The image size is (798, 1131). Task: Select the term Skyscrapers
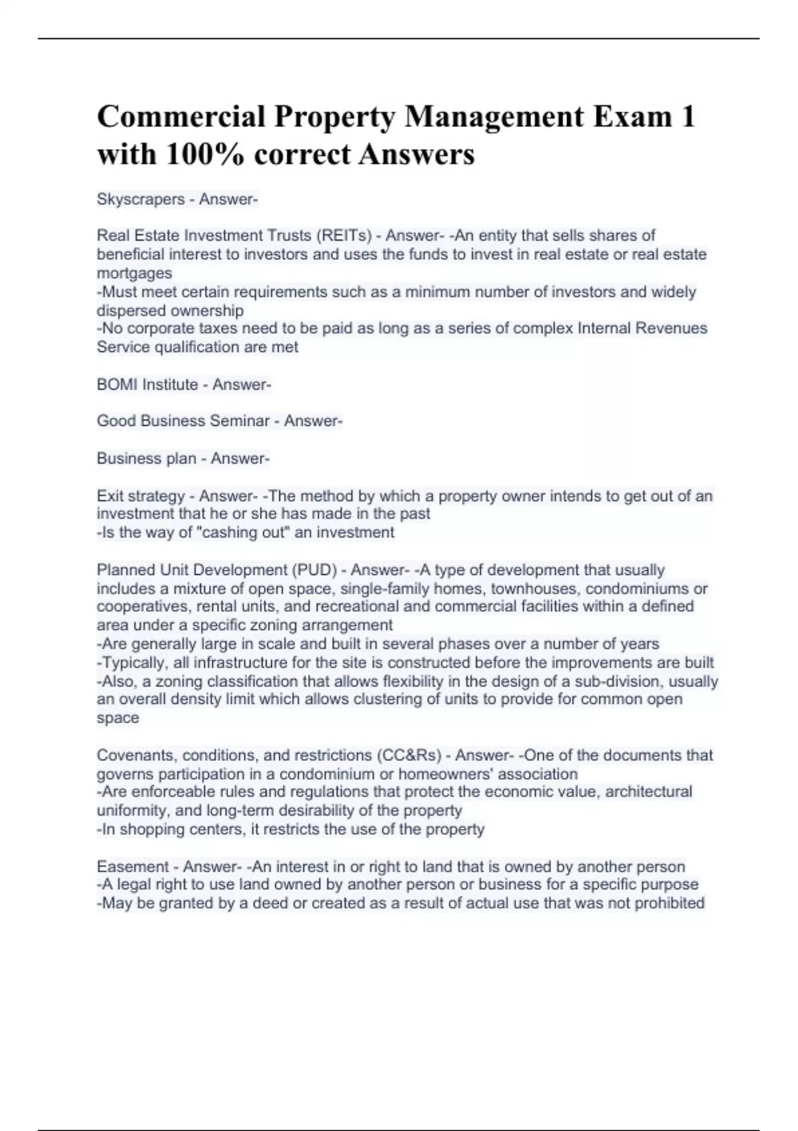point(140,199)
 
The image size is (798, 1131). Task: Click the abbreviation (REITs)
point(344,236)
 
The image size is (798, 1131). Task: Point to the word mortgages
point(134,273)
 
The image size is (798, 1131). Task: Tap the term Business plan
point(146,458)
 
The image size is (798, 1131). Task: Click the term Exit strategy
point(140,496)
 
